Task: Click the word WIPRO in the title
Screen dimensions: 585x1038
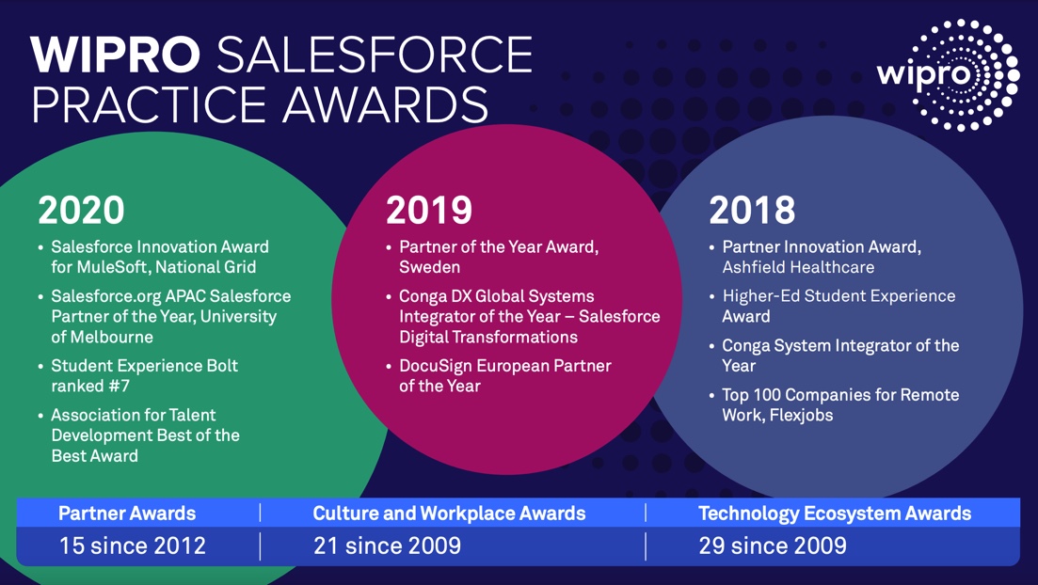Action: coord(115,56)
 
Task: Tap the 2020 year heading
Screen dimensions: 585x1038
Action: coord(81,210)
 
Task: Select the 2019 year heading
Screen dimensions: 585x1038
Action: coord(429,211)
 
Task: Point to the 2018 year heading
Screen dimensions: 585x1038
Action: coord(752,211)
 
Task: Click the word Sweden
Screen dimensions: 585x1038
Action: coord(430,267)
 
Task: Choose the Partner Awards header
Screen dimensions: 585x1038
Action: coord(127,514)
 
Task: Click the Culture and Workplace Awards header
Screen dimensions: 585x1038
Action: coord(449,514)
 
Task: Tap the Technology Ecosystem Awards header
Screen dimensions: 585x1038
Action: coord(835,514)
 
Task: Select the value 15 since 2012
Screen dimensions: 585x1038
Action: coord(132,545)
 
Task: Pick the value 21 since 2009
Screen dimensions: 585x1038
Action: coord(387,545)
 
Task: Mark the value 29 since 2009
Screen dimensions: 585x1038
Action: coord(773,545)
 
